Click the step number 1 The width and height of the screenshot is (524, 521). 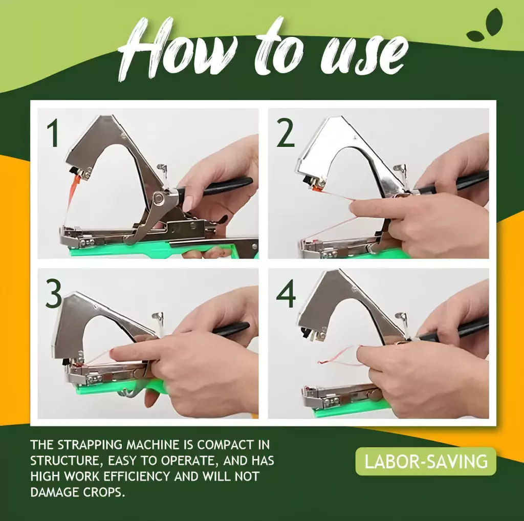coord(53,134)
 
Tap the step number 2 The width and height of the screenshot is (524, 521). coord(286,134)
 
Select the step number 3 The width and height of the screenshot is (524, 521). coord(53,294)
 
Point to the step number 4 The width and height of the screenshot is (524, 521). coord(286,294)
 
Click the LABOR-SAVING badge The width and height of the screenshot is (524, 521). coord(426,461)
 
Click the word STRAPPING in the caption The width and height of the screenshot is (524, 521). coord(90,445)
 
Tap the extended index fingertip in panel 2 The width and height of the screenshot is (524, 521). coord(354,208)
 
